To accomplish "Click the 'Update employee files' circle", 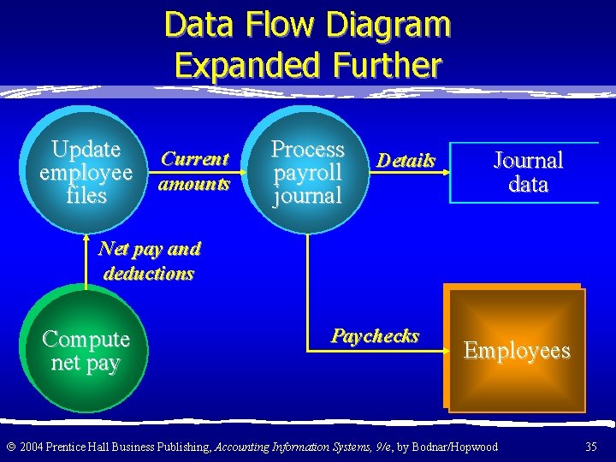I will pyautogui.click(x=86, y=171).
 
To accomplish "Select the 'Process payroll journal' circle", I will pyautogui.click(x=307, y=171).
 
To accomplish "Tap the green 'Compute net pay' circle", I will pyautogui.click(x=86, y=351).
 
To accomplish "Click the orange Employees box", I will pyautogui.click(x=516, y=350).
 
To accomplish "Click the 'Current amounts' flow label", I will pyautogui.click(x=195, y=171).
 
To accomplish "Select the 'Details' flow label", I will pyautogui.click(x=406, y=160).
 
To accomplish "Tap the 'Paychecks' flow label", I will pyautogui.click(x=375, y=335).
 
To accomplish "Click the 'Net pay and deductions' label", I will pyautogui.click(x=149, y=261).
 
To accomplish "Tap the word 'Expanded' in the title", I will pyautogui.click(x=246, y=65).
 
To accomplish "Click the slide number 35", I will pyautogui.click(x=590, y=447).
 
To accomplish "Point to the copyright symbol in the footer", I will pyautogui.click(x=9, y=447).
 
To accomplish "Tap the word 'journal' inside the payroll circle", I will pyautogui.click(x=307, y=196).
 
